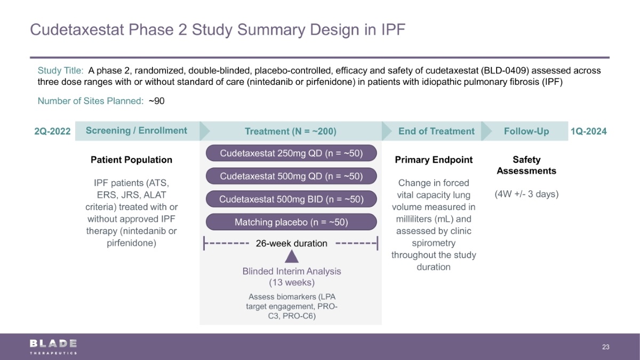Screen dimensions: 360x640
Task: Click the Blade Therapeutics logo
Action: pos(53,346)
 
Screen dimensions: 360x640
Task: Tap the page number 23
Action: pos(605,347)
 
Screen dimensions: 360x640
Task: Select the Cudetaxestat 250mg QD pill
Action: pos(291,153)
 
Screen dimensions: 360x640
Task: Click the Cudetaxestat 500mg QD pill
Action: pos(291,176)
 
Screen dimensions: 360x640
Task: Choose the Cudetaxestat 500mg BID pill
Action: pos(291,199)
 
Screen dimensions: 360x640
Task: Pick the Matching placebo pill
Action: pos(291,222)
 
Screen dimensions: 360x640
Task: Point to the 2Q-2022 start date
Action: pos(52,131)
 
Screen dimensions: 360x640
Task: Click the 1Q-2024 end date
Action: pos(588,131)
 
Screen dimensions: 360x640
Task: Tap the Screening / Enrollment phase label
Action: pos(137,131)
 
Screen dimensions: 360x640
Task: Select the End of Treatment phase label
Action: pos(436,131)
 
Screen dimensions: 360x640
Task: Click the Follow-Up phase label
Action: pos(526,131)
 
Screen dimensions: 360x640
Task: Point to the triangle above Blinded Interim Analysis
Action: pos(291,257)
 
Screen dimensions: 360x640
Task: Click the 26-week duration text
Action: pos(291,244)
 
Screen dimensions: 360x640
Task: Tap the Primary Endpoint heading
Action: pos(434,159)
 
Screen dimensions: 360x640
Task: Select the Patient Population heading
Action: pos(132,159)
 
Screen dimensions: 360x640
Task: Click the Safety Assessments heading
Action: pos(526,165)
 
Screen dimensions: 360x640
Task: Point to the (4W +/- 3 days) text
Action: pos(526,194)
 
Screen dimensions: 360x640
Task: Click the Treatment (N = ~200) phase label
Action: pos(290,131)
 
